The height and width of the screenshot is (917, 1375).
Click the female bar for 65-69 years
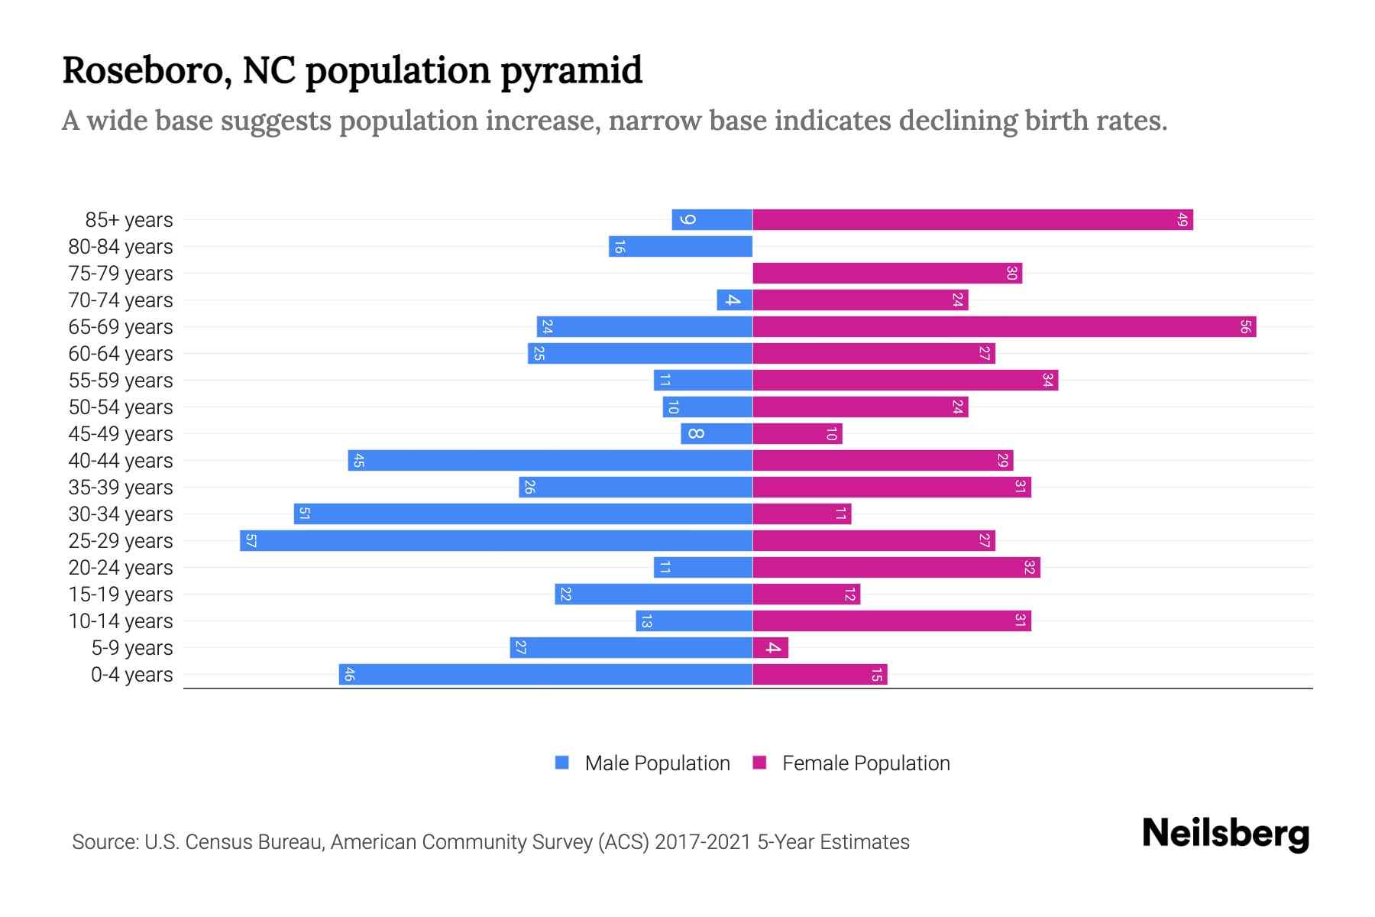1004,327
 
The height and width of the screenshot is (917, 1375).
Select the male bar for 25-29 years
497,541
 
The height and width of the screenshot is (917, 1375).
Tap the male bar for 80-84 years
681,247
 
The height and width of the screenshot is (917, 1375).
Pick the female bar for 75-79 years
887,274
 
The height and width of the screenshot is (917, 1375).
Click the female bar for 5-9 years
770,648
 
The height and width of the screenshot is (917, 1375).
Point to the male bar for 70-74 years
734,300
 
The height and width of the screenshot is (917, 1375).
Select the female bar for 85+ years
972,220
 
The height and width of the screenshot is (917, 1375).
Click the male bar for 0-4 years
545,675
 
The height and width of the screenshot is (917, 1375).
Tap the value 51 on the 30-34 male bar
304,514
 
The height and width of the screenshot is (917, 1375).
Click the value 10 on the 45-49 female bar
832,434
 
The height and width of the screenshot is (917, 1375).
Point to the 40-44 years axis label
121,461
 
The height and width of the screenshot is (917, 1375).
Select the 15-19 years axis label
121,595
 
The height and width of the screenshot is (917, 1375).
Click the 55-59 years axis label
121,381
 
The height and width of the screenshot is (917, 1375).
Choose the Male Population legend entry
657,763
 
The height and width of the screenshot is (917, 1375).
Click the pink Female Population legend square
759,763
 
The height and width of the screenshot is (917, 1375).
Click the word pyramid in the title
571,71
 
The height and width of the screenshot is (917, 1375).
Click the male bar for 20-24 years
703,568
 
